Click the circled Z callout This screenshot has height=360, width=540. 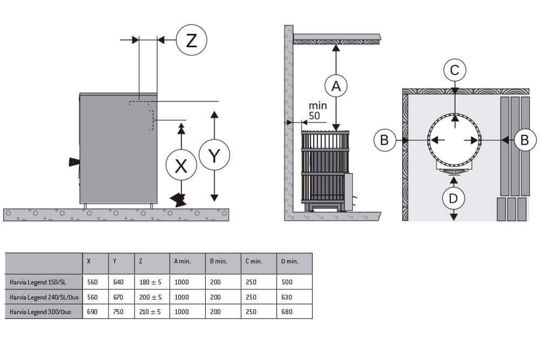(x=192, y=40)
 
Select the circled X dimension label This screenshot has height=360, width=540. (x=181, y=166)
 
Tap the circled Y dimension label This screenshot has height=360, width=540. (x=214, y=156)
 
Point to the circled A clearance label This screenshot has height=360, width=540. (x=336, y=85)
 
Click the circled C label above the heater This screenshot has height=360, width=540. (x=455, y=70)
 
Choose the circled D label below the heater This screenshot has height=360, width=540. (x=454, y=198)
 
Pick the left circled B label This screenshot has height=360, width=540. (x=384, y=140)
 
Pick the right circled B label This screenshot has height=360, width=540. (x=524, y=140)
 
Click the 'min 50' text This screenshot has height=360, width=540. (x=318, y=110)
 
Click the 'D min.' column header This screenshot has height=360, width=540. (x=290, y=261)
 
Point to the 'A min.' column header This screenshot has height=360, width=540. (x=183, y=261)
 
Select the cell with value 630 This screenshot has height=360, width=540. (x=288, y=297)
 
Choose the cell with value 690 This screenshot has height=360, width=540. (x=93, y=312)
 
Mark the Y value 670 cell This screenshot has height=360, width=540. (x=118, y=297)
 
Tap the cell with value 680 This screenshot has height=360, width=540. (x=288, y=312)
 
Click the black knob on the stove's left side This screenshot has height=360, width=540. (x=73, y=162)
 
